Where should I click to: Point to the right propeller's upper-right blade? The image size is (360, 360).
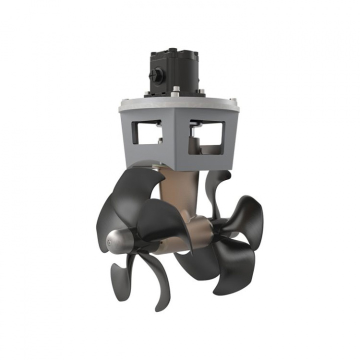(x=245, y=215)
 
